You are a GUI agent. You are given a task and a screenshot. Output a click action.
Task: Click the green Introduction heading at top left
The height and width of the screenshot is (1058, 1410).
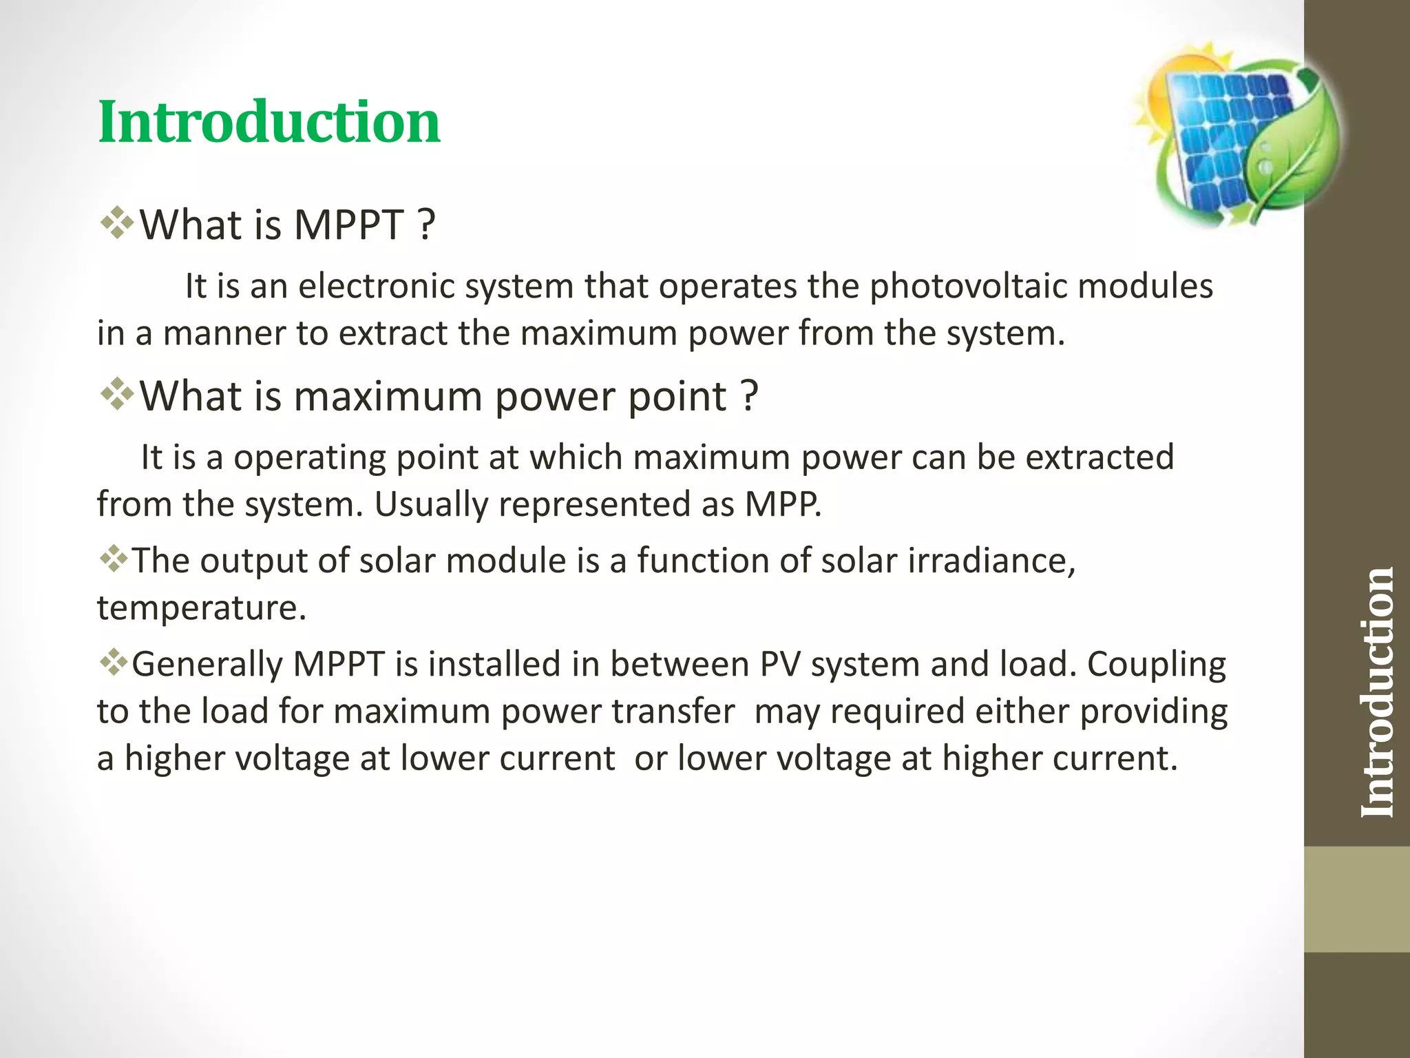(x=269, y=123)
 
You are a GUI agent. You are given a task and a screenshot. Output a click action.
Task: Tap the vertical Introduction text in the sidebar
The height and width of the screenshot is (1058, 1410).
(x=1377, y=692)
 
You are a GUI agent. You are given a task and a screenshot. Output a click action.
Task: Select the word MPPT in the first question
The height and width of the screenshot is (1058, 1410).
(x=348, y=225)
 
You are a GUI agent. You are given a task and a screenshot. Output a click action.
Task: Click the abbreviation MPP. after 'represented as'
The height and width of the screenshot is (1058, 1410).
(x=783, y=504)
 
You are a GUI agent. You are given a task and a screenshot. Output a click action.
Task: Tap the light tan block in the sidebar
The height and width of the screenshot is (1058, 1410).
(x=1356, y=899)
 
